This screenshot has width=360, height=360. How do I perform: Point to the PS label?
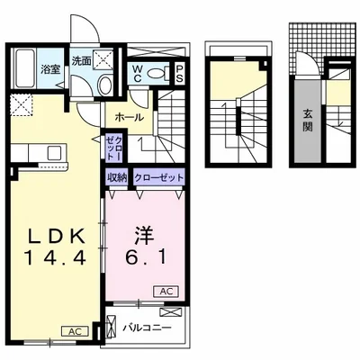pyautogui.click(x=180, y=74)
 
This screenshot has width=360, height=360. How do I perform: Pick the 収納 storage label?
pyautogui.click(x=116, y=177)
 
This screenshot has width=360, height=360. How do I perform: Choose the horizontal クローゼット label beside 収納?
pyautogui.click(x=158, y=177)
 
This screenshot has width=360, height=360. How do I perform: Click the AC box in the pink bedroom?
pyautogui.click(x=168, y=292)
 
